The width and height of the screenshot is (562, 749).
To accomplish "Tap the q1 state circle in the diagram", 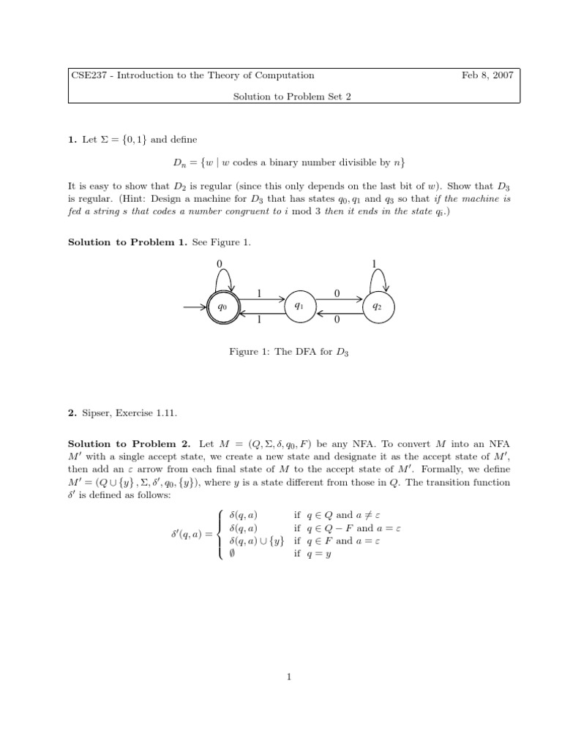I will tap(300, 307).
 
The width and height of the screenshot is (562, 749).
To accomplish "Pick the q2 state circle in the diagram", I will tap(378, 307).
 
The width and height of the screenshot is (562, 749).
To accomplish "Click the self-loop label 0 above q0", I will tap(218, 263).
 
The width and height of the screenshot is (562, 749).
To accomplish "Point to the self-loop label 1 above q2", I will tap(374, 263).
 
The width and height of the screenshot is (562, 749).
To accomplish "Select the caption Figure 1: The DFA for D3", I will tap(291, 353).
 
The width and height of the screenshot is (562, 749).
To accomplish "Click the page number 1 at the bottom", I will tap(291, 677).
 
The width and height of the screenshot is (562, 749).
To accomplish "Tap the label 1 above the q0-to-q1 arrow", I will tap(259, 293).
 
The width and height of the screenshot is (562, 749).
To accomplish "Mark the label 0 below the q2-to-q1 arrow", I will tap(337, 320).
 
